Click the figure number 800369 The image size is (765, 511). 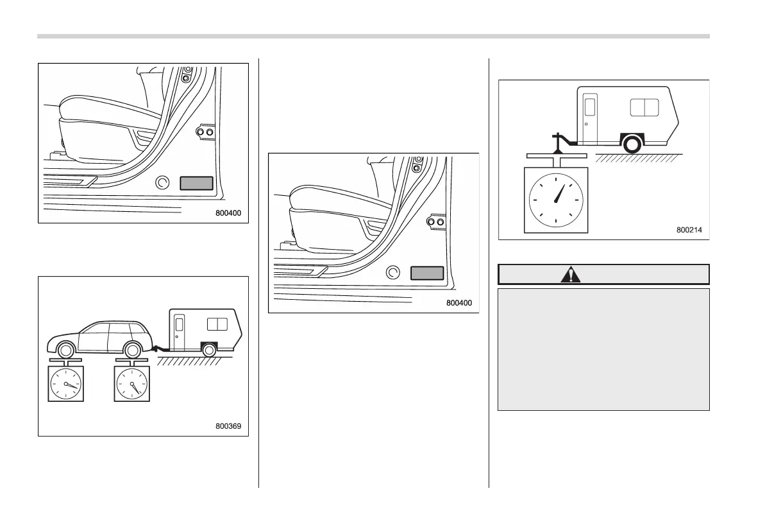click(229, 425)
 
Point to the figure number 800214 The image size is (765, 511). click(690, 229)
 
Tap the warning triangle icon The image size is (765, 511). click(569, 275)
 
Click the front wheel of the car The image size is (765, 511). click(65, 351)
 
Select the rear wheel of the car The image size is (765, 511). click(132, 351)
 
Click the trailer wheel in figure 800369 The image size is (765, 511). click(208, 350)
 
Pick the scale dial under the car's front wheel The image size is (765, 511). click(66, 385)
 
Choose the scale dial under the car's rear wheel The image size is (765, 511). click(131, 385)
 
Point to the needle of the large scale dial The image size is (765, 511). click(559, 192)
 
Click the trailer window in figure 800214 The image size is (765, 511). click(644, 107)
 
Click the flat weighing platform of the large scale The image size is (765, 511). click(555, 155)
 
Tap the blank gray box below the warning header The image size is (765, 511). click(603, 349)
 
